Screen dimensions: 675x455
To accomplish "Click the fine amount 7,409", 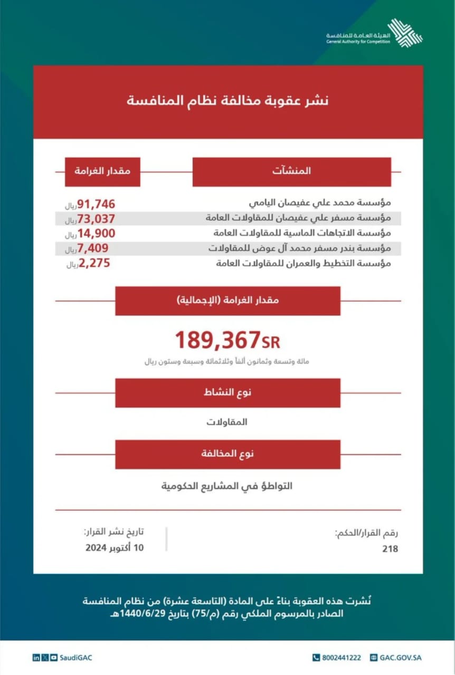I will point(96,248).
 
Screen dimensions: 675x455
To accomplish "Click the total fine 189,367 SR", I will point(227,341).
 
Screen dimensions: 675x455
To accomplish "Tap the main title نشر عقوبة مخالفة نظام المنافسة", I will point(228,100).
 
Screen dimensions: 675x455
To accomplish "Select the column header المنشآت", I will point(291,171).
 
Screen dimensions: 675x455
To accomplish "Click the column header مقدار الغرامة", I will point(102,171).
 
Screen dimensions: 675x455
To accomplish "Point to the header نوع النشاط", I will point(228,393).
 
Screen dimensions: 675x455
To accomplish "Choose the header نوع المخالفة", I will point(228,454).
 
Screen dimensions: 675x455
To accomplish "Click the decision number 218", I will point(390,549).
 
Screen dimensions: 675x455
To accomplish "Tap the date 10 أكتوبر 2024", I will point(115,547).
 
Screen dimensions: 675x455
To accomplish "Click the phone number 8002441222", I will point(336,658).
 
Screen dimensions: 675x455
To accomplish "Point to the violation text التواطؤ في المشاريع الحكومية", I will point(227,486).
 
